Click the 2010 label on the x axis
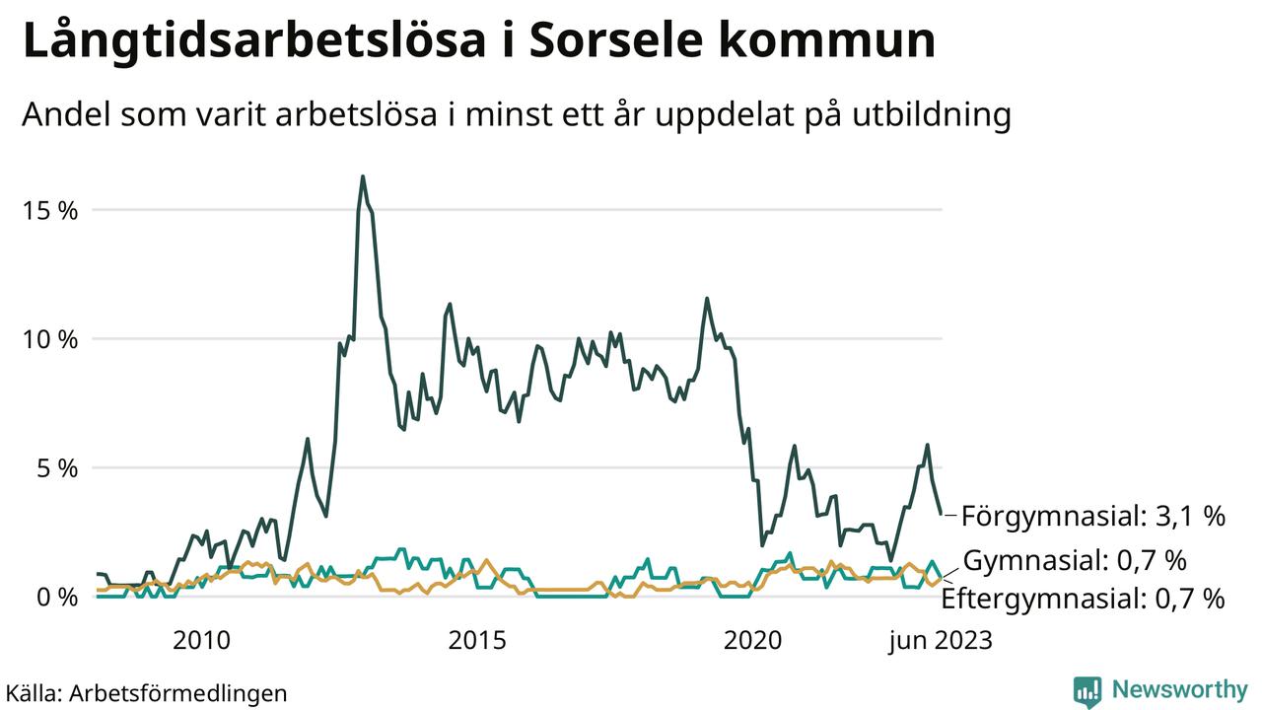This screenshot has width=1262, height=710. pyautogui.click(x=201, y=641)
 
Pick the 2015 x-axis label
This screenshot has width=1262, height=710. pyautogui.click(x=477, y=641)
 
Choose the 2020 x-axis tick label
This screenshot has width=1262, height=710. pyautogui.click(x=753, y=641)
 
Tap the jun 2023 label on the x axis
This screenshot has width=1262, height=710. pyautogui.click(x=939, y=641)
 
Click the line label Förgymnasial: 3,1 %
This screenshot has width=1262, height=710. pyautogui.click(x=1092, y=516)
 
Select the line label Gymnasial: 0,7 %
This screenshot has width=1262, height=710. pyautogui.click(x=1075, y=561)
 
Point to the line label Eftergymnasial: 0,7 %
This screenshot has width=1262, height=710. pyautogui.click(x=1084, y=599)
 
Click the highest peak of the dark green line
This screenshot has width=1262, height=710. pyautogui.click(x=363, y=177)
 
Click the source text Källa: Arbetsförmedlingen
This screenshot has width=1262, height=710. pyautogui.click(x=146, y=692)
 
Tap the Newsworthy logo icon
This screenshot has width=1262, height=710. pyautogui.click(x=1087, y=690)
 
